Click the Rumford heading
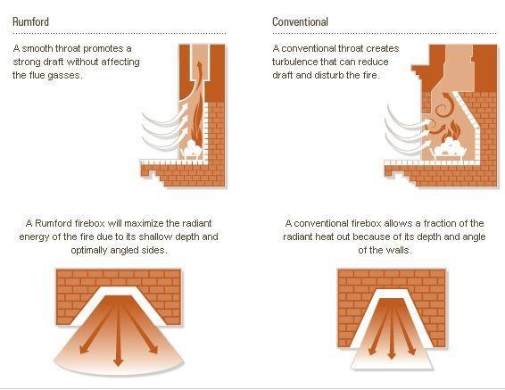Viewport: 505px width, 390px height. coord(30,22)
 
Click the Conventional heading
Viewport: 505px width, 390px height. coord(300,22)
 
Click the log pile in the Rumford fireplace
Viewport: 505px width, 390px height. coord(193,149)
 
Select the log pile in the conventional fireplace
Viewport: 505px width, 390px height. coord(450,149)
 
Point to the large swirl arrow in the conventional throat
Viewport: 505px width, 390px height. coord(444,105)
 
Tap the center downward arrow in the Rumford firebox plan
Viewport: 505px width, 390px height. coord(119,334)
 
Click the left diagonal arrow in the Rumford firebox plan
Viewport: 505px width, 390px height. coord(97,328)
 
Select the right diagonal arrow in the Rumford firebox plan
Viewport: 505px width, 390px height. coord(140,328)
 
